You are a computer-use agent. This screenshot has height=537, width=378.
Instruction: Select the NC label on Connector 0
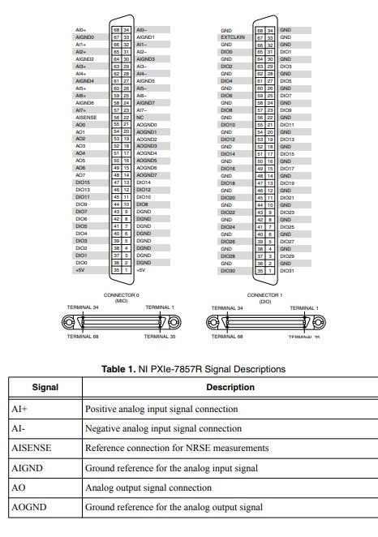(141, 117)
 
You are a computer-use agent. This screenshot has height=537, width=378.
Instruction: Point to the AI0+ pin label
(79, 30)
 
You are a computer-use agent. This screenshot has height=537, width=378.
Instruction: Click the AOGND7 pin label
(146, 175)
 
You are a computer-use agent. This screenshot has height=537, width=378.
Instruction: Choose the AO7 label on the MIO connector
(80, 175)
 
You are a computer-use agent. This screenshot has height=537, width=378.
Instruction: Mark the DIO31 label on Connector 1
(286, 270)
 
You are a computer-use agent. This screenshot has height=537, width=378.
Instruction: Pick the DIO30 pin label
(227, 270)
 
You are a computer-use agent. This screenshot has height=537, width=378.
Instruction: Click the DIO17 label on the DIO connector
(286, 168)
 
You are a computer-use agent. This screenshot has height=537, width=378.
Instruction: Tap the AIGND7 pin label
(145, 103)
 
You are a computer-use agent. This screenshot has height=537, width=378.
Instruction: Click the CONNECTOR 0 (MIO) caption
(122, 297)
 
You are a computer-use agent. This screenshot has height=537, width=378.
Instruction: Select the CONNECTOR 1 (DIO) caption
(264, 297)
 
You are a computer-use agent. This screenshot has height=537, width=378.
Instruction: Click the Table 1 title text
(193, 369)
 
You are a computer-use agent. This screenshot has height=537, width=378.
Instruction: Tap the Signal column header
(45, 387)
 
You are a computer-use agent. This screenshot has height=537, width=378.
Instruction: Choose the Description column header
(230, 387)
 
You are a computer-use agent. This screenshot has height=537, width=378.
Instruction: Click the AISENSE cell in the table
(32, 448)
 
